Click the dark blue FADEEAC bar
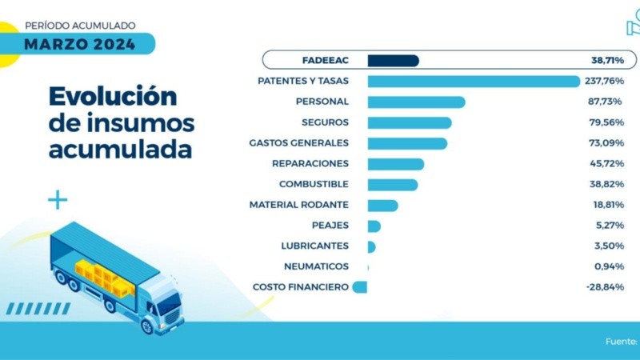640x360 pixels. (393, 61)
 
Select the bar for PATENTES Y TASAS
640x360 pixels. (473, 81)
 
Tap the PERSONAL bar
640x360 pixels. (416, 102)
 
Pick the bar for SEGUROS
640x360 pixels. (410, 122)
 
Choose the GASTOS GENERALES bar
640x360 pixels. (407, 143)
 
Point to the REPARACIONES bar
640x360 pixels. (395, 164)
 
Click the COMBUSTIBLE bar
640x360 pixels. (392, 185)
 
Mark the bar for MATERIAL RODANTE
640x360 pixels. (382, 206)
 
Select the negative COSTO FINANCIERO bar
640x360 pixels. (360, 287)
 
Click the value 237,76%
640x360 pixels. (606, 81)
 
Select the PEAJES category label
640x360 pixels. (330, 226)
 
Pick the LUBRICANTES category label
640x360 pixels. (314, 246)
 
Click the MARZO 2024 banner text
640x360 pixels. (79, 44)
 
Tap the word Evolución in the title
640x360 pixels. (112, 96)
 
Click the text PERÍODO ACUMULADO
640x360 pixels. (80, 26)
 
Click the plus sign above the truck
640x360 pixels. (58, 200)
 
